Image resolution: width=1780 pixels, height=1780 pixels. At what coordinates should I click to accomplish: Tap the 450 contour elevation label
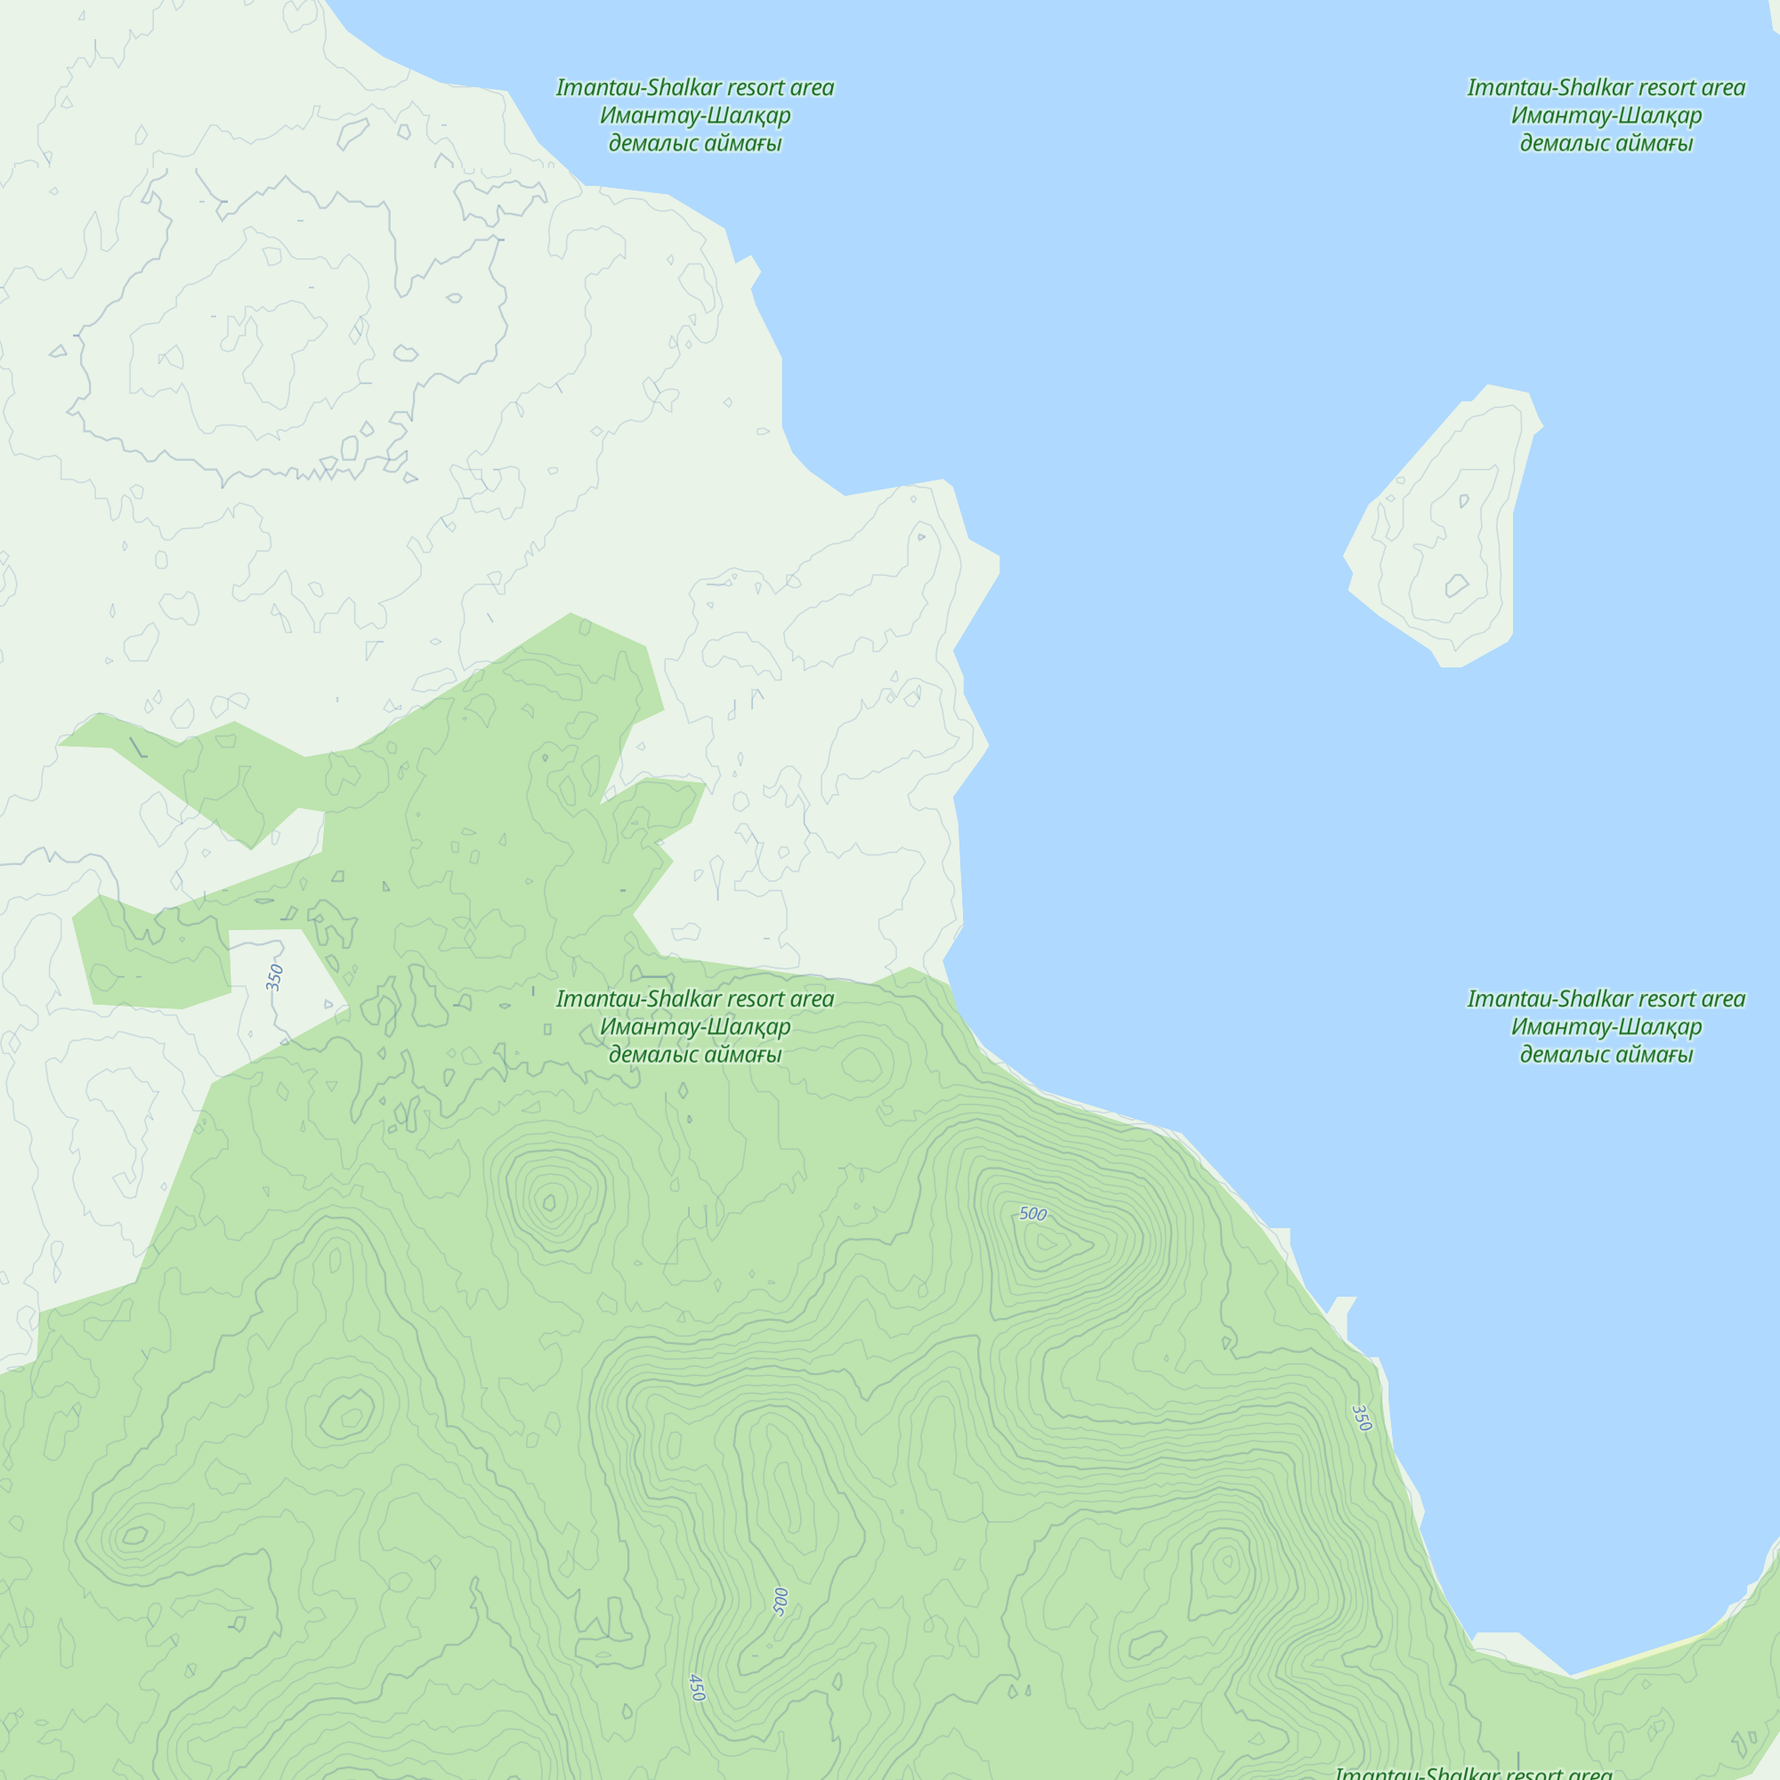click(x=697, y=1687)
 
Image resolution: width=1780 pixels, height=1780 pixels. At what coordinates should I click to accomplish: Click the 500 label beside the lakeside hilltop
click(x=1032, y=1213)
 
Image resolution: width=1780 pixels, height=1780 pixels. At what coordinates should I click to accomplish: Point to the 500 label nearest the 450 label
click(x=781, y=1601)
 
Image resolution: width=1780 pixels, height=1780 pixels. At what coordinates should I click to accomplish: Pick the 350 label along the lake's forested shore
click(x=1361, y=1418)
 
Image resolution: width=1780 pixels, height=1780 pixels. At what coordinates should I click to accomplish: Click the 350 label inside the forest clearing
click(x=274, y=976)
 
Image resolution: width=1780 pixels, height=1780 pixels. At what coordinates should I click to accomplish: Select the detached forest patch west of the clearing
click(x=152, y=959)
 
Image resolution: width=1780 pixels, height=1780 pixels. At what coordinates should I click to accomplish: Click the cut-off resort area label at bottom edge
click(x=1474, y=1772)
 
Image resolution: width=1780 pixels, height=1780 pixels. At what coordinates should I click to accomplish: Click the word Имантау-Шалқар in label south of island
click(x=1606, y=1026)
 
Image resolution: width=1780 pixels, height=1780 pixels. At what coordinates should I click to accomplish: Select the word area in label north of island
click(x=1722, y=87)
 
